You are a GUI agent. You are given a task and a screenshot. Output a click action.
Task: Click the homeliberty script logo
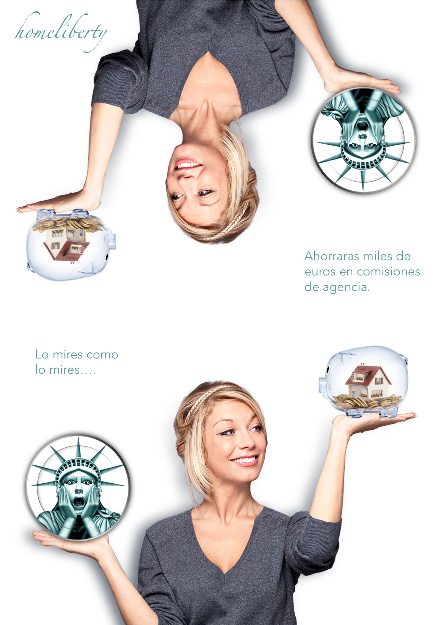(61, 32)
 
